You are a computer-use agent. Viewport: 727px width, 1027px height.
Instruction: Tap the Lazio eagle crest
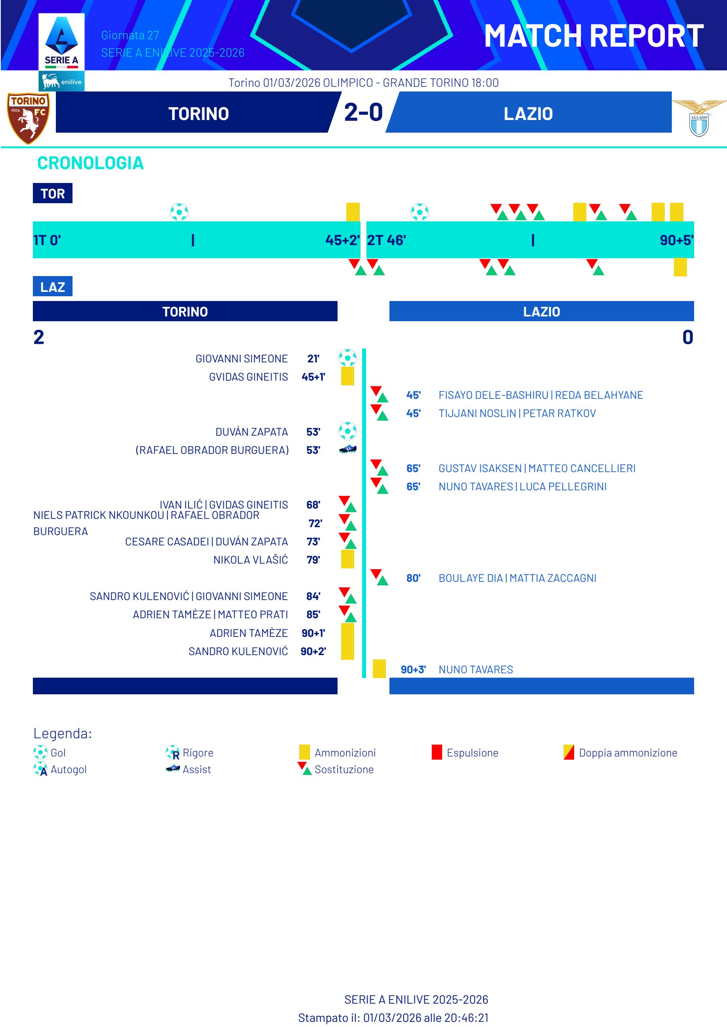(699, 118)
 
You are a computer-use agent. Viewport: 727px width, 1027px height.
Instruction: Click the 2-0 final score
(363, 112)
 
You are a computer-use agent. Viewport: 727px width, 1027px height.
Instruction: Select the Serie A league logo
(61, 42)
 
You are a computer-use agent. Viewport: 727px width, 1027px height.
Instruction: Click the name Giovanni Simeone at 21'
(241, 358)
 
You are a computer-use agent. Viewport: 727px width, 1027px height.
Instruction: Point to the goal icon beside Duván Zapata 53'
(347, 431)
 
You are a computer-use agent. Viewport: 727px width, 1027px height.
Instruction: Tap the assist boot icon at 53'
(348, 449)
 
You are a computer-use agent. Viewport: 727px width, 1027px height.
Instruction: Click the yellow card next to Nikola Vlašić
(347, 559)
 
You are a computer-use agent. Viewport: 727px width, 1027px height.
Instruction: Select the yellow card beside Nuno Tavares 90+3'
(379, 669)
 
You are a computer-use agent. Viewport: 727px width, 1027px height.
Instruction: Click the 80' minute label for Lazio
(413, 578)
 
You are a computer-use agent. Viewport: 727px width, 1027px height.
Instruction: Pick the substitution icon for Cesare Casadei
(347, 541)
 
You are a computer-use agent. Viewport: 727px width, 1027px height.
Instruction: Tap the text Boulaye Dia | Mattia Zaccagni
(517, 578)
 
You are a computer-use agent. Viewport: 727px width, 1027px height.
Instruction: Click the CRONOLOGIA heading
(90, 163)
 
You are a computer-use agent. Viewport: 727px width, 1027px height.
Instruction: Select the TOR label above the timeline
(52, 193)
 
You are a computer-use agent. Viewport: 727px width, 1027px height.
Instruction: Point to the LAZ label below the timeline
(52, 287)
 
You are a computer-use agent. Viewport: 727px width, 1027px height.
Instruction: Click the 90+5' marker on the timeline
(676, 240)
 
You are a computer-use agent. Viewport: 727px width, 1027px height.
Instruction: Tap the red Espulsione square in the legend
(437, 752)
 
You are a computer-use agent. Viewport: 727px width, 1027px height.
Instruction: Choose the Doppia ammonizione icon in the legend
(569, 752)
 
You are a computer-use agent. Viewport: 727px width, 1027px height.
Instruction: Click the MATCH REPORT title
(593, 36)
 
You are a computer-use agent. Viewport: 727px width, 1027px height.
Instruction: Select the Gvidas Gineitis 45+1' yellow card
(347, 376)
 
